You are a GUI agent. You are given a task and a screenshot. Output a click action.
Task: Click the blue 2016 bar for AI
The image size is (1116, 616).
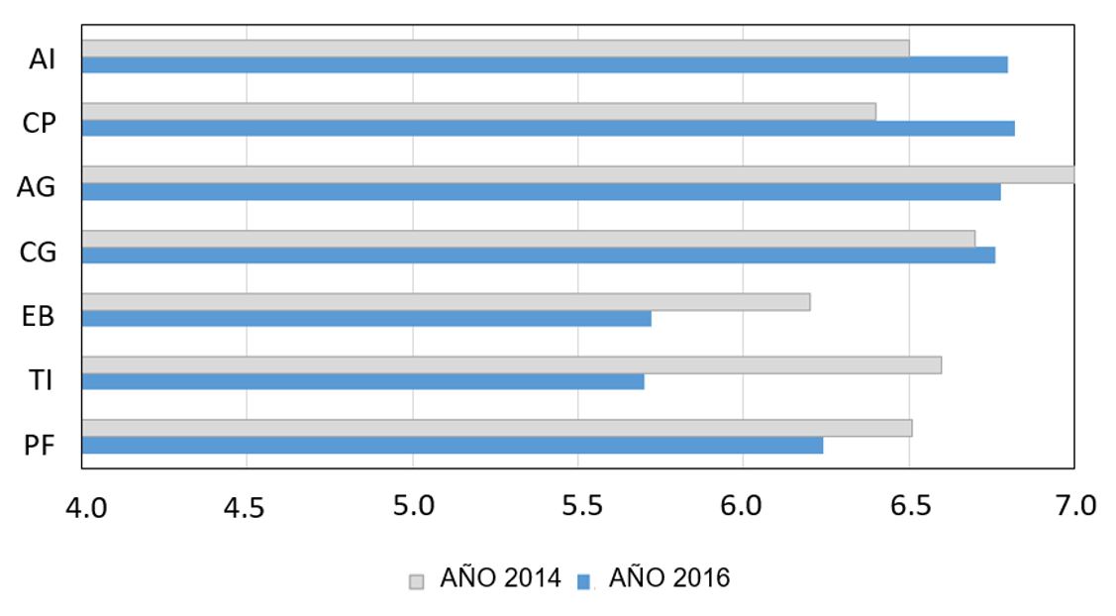(545, 64)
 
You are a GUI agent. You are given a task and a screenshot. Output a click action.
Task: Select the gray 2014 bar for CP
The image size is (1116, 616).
(478, 111)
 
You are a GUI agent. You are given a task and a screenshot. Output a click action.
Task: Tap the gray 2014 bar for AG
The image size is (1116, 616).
(577, 174)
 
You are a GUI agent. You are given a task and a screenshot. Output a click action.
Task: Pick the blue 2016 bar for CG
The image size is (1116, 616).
(538, 255)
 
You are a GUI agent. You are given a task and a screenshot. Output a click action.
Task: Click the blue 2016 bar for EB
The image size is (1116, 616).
(366, 318)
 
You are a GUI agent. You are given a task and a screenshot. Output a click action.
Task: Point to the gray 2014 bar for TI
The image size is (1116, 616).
(511, 364)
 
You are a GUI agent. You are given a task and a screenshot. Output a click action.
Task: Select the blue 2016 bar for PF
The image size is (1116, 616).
(452, 446)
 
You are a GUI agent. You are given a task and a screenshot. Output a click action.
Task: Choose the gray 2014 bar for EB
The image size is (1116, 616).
(446, 301)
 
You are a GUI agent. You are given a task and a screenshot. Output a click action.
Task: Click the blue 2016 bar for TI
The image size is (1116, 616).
(362, 381)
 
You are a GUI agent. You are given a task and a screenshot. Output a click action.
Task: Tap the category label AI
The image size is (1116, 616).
(42, 59)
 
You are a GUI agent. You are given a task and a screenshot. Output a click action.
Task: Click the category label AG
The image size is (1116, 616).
(37, 187)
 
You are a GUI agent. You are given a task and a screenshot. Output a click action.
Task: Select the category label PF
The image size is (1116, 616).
(39, 445)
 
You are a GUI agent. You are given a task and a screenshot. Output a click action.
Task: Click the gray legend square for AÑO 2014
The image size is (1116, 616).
(416, 580)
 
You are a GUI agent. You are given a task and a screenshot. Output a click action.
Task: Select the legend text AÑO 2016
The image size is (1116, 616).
(669, 578)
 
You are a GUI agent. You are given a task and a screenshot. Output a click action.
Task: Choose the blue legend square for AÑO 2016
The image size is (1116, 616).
(583, 580)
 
